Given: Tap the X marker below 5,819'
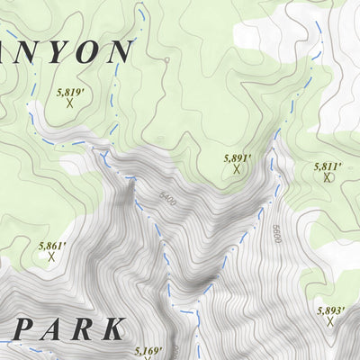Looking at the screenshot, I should (x=69, y=103).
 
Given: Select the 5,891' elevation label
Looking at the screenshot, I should (x=237, y=157).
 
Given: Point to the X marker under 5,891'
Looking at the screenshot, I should (x=238, y=168).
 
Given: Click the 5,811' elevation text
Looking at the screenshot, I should (x=328, y=166).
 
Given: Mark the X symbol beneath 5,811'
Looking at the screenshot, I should (x=328, y=178).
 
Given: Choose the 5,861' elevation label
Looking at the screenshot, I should (x=53, y=245).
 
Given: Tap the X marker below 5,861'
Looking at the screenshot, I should (x=51, y=257).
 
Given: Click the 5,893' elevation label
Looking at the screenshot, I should (x=331, y=310).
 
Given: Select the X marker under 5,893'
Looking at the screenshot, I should (x=331, y=322).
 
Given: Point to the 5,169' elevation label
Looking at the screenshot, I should (x=148, y=350).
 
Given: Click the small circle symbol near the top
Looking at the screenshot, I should (x=166, y=60).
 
